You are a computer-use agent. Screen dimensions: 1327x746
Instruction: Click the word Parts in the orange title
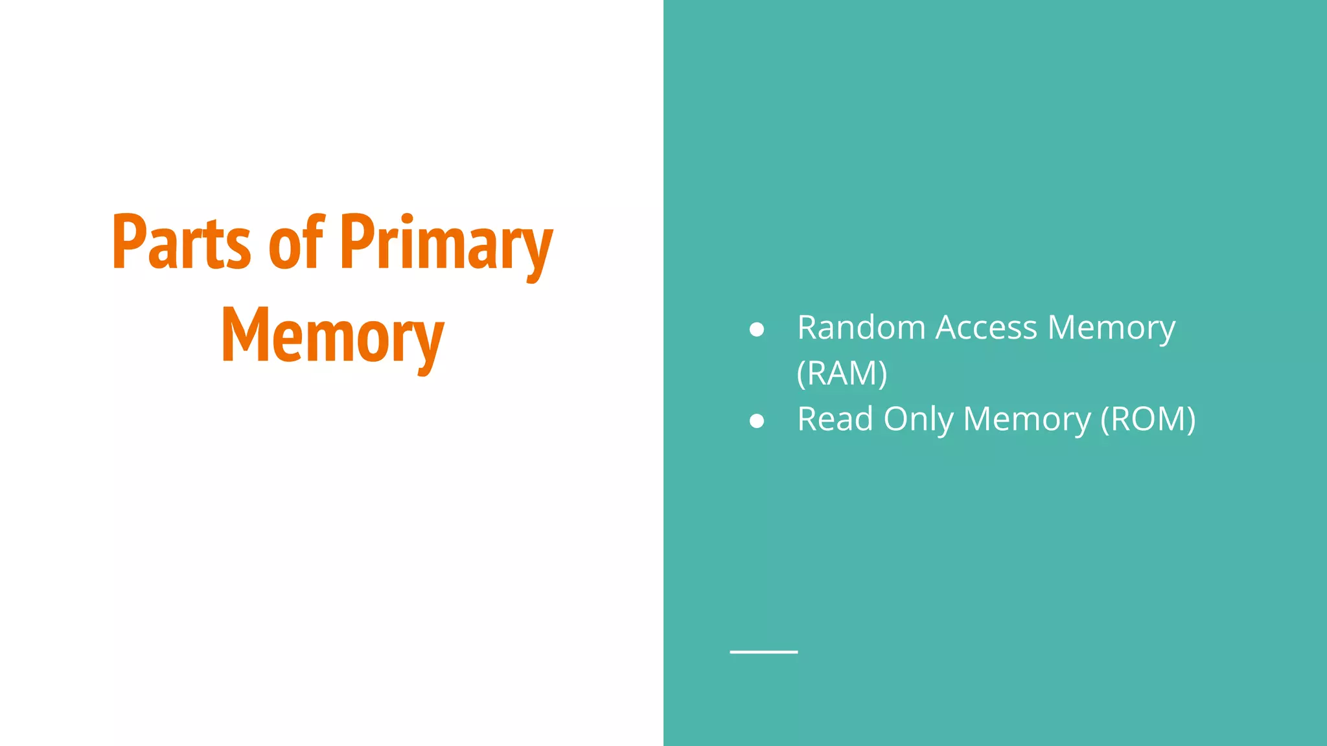(x=181, y=242)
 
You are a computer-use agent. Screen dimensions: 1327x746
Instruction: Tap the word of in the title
(x=295, y=242)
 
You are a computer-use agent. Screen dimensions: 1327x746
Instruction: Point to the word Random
(x=861, y=328)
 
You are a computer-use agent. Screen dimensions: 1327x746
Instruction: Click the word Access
(x=986, y=328)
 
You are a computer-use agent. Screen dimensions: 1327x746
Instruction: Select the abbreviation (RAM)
(x=842, y=374)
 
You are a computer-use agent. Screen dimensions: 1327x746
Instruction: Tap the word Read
(x=835, y=419)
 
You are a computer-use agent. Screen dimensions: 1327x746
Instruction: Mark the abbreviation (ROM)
(x=1148, y=420)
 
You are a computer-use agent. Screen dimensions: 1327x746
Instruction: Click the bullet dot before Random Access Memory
(x=756, y=330)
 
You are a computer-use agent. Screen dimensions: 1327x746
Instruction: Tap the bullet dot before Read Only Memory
(x=756, y=421)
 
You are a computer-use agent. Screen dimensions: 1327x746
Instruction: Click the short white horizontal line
(x=763, y=651)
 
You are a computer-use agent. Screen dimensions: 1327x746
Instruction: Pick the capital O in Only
(x=897, y=419)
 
